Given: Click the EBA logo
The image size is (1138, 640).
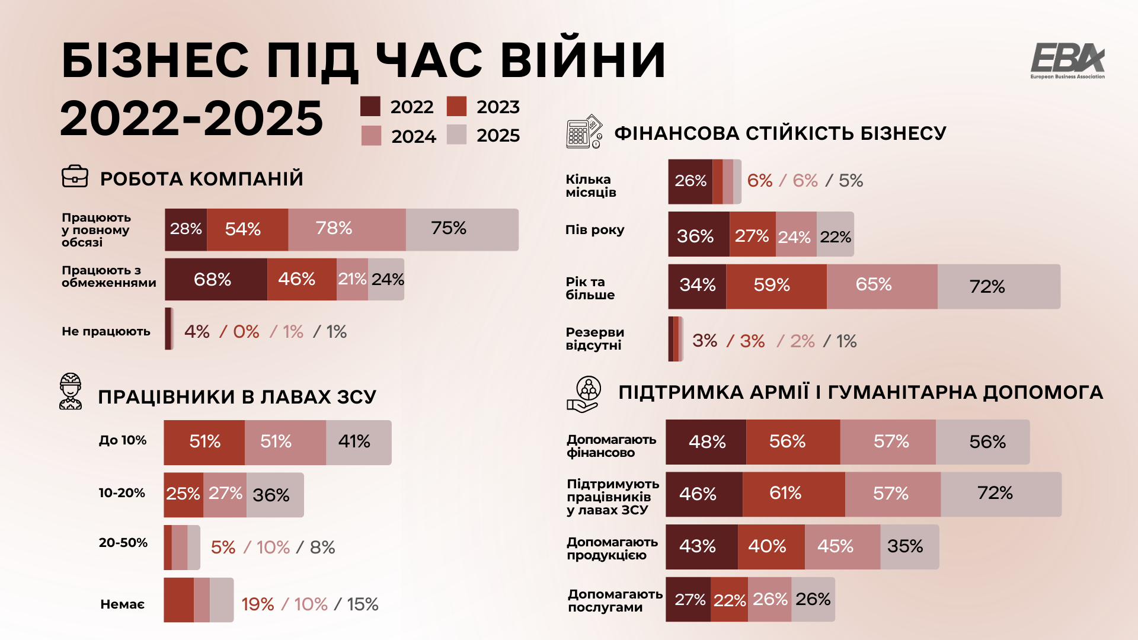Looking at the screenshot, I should (1067, 60).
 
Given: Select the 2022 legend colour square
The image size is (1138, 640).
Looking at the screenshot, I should (370, 107).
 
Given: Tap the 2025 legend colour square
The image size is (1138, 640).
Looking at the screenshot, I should (456, 135).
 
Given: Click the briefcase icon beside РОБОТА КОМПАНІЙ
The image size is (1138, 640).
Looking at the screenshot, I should (75, 177).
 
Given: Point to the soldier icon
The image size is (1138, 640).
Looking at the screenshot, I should (71, 392).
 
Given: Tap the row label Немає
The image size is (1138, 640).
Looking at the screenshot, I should (122, 604).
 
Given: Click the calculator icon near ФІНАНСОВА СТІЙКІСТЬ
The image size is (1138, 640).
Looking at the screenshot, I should (584, 132).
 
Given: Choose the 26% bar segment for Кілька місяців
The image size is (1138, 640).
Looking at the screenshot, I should (690, 181).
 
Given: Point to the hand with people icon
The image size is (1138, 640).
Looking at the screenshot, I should (584, 394).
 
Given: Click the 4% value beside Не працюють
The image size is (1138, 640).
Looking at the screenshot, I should (197, 332).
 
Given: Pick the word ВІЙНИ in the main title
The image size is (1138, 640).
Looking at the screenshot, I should (583, 60).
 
